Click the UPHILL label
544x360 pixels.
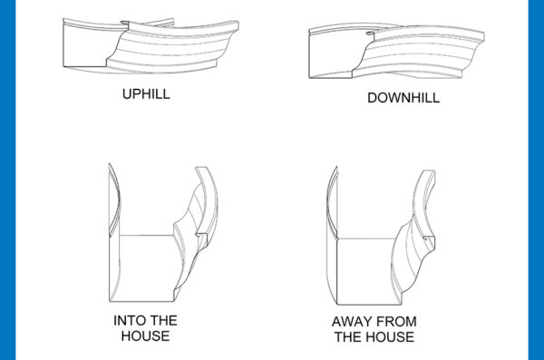[x=147, y=93]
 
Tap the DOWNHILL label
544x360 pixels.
[x=403, y=97]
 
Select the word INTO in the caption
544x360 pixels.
[x=131, y=321]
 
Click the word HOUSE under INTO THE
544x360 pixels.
[x=145, y=336]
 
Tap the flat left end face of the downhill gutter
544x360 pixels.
[x=335, y=54]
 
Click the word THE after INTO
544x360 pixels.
[x=164, y=321]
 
